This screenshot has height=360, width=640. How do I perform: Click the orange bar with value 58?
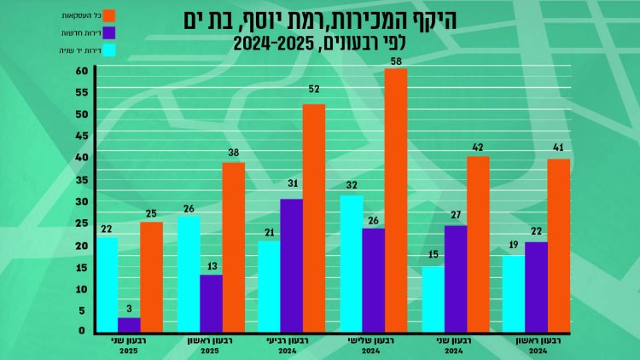(x=396, y=200)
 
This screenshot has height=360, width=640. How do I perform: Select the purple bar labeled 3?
(x=129, y=325)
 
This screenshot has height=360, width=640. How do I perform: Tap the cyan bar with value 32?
(x=351, y=264)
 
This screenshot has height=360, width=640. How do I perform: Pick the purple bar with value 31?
(x=292, y=265)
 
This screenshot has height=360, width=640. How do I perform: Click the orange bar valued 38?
(x=233, y=247)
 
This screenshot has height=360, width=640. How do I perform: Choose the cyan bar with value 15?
(x=433, y=299)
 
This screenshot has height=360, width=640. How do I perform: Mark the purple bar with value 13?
(x=211, y=304)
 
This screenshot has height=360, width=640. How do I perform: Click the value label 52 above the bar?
(x=314, y=90)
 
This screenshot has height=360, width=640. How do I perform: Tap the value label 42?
(x=478, y=146)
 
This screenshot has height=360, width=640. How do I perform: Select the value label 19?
(x=513, y=246)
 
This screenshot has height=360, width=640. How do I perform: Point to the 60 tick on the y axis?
(x=81, y=71)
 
